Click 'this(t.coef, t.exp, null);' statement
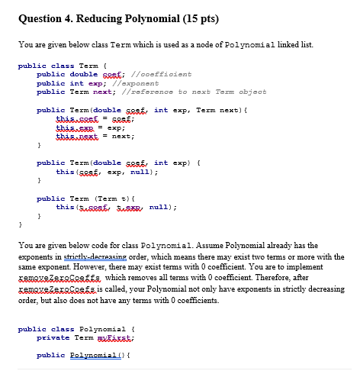tap(115, 206)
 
